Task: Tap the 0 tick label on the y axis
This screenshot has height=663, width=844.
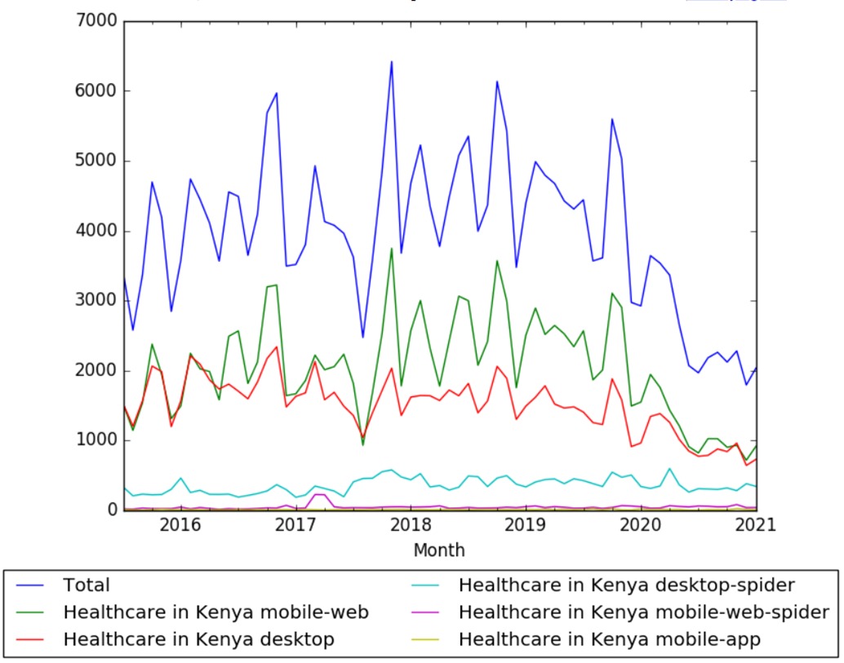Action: click(111, 511)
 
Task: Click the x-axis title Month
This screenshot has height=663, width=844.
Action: click(439, 550)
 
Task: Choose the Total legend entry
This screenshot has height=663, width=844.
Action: click(86, 585)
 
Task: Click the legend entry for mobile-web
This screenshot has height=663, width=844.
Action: click(215, 612)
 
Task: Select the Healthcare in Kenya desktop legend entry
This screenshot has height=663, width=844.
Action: click(198, 639)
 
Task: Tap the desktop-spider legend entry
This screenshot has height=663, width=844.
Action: click(626, 585)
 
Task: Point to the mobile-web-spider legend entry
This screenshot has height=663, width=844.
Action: click(644, 612)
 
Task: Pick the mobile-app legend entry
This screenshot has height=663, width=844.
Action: click(610, 639)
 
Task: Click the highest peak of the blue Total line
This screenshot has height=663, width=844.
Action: click(392, 61)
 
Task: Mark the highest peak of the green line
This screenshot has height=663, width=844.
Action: click(392, 248)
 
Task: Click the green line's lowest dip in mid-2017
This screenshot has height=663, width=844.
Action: click(363, 444)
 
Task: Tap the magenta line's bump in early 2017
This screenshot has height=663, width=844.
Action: click(320, 493)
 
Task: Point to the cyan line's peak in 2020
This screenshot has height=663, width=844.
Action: click(670, 468)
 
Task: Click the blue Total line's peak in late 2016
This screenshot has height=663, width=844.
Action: click(277, 93)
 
